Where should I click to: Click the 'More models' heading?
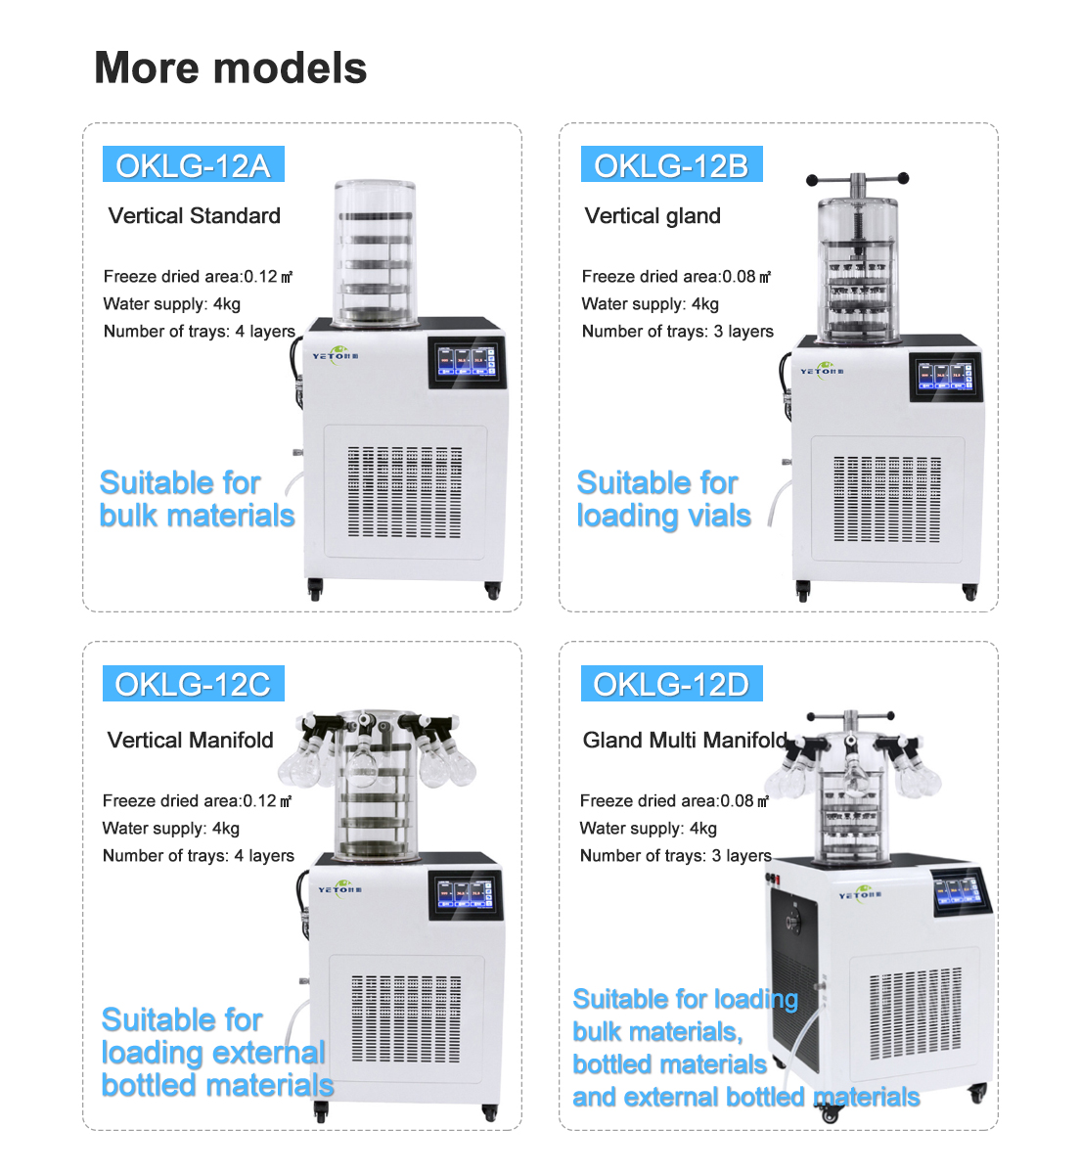pos(231,68)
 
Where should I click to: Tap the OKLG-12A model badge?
pos(193,165)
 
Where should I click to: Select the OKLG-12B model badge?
pos(671,165)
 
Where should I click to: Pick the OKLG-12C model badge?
pos(193,684)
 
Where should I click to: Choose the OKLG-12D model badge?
pos(671,684)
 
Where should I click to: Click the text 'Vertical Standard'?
pos(195,216)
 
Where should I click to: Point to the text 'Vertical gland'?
pos(653,216)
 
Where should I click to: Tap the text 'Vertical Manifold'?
pos(191,741)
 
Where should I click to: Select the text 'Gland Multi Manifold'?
pos(685,741)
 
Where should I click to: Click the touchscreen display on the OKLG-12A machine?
pos(467,362)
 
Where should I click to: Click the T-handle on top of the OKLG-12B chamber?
pos(858,181)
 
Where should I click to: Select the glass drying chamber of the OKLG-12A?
pos(375,252)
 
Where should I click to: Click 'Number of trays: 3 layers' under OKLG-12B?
pos(678,332)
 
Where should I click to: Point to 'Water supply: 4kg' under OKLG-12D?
pos(649,829)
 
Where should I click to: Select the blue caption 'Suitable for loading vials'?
pos(663,499)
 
